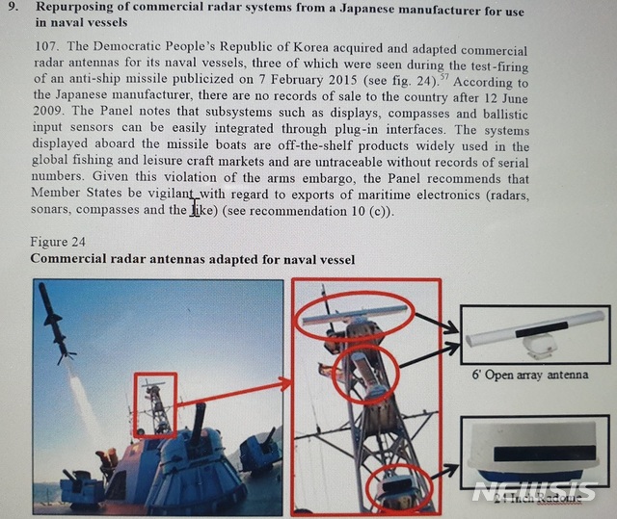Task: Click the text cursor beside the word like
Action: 197,208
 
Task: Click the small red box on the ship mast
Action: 154,405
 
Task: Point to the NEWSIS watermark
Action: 534,492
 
